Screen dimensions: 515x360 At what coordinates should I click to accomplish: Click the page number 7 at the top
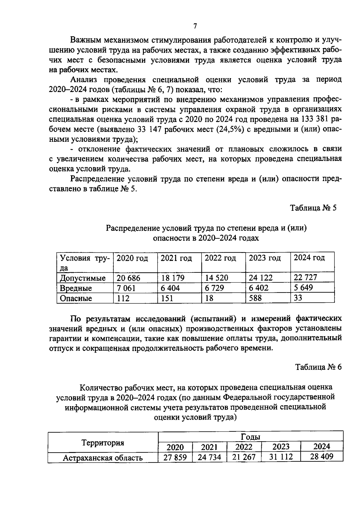click(195, 26)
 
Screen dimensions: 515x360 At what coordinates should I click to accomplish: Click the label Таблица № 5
click(313, 208)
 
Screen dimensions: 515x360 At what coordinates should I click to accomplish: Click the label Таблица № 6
click(318, 367)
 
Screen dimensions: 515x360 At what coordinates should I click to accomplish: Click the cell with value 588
click(255, 298)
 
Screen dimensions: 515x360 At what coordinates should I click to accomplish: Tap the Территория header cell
click(103, 443)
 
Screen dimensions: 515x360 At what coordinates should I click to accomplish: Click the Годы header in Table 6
click(250, 437)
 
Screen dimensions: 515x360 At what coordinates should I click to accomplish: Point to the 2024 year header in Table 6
click(321, 447)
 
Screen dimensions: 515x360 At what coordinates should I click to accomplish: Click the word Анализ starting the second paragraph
click(85, 80)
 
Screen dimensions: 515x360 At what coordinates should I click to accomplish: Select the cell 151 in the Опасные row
click(167, 298)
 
